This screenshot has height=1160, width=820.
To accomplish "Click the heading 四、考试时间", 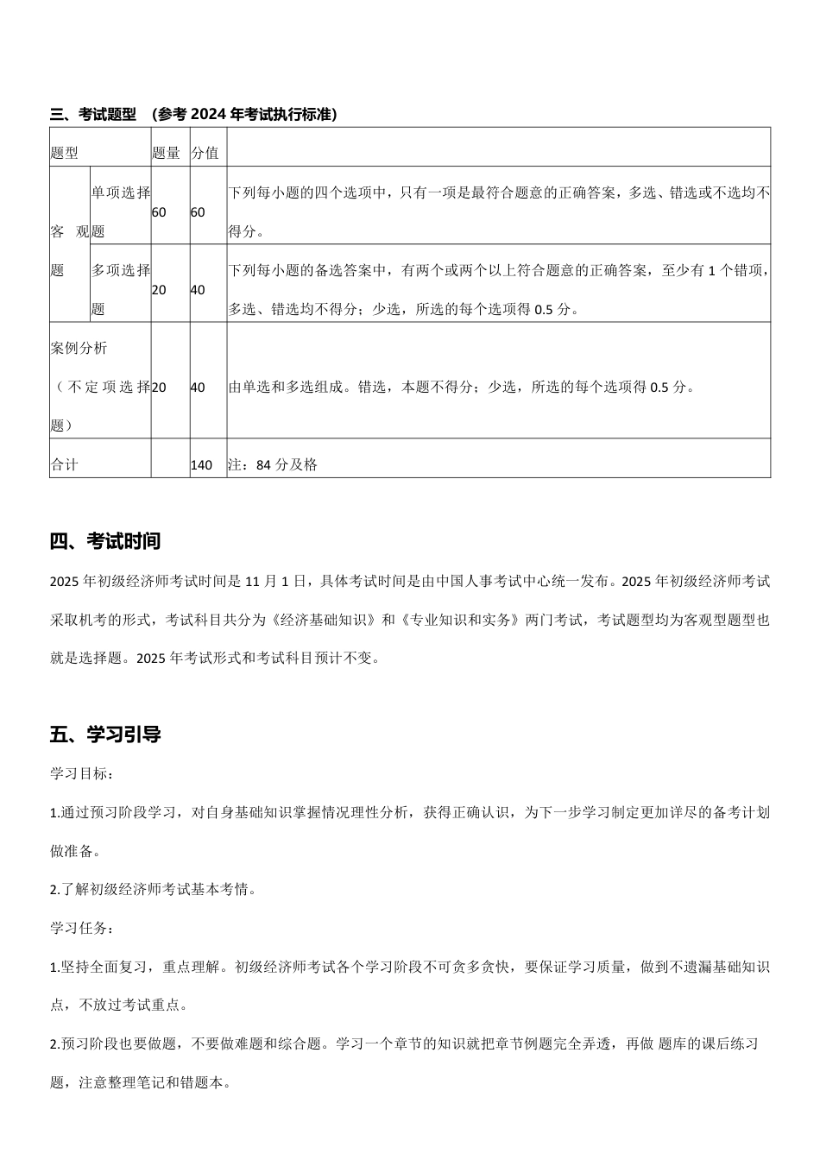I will (105, 542).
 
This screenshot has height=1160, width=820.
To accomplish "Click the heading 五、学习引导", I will (105, 734).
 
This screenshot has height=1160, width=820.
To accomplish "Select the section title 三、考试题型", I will (93, 114).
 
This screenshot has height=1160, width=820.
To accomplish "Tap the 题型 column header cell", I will (65, 153).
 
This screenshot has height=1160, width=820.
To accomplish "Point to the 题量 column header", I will (166, 153).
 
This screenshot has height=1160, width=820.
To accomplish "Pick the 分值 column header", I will (205, 153).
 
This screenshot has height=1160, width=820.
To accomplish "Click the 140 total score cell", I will (201, 464).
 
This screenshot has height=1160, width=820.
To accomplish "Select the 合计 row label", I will (65, 464).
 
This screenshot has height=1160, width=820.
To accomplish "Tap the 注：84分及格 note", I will (273, 464).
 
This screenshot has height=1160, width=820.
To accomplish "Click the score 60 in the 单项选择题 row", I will (198, 212).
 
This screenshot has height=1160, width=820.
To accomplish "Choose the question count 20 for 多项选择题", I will (159, 290).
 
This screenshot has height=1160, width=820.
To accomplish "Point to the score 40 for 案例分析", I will (198, 388).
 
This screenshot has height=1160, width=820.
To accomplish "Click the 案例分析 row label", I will (79, 349).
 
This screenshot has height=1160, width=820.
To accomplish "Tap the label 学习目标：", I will (81, 774).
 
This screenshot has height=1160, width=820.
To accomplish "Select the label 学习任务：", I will (81, 929).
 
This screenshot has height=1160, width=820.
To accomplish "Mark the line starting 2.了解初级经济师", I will (153, 890).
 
